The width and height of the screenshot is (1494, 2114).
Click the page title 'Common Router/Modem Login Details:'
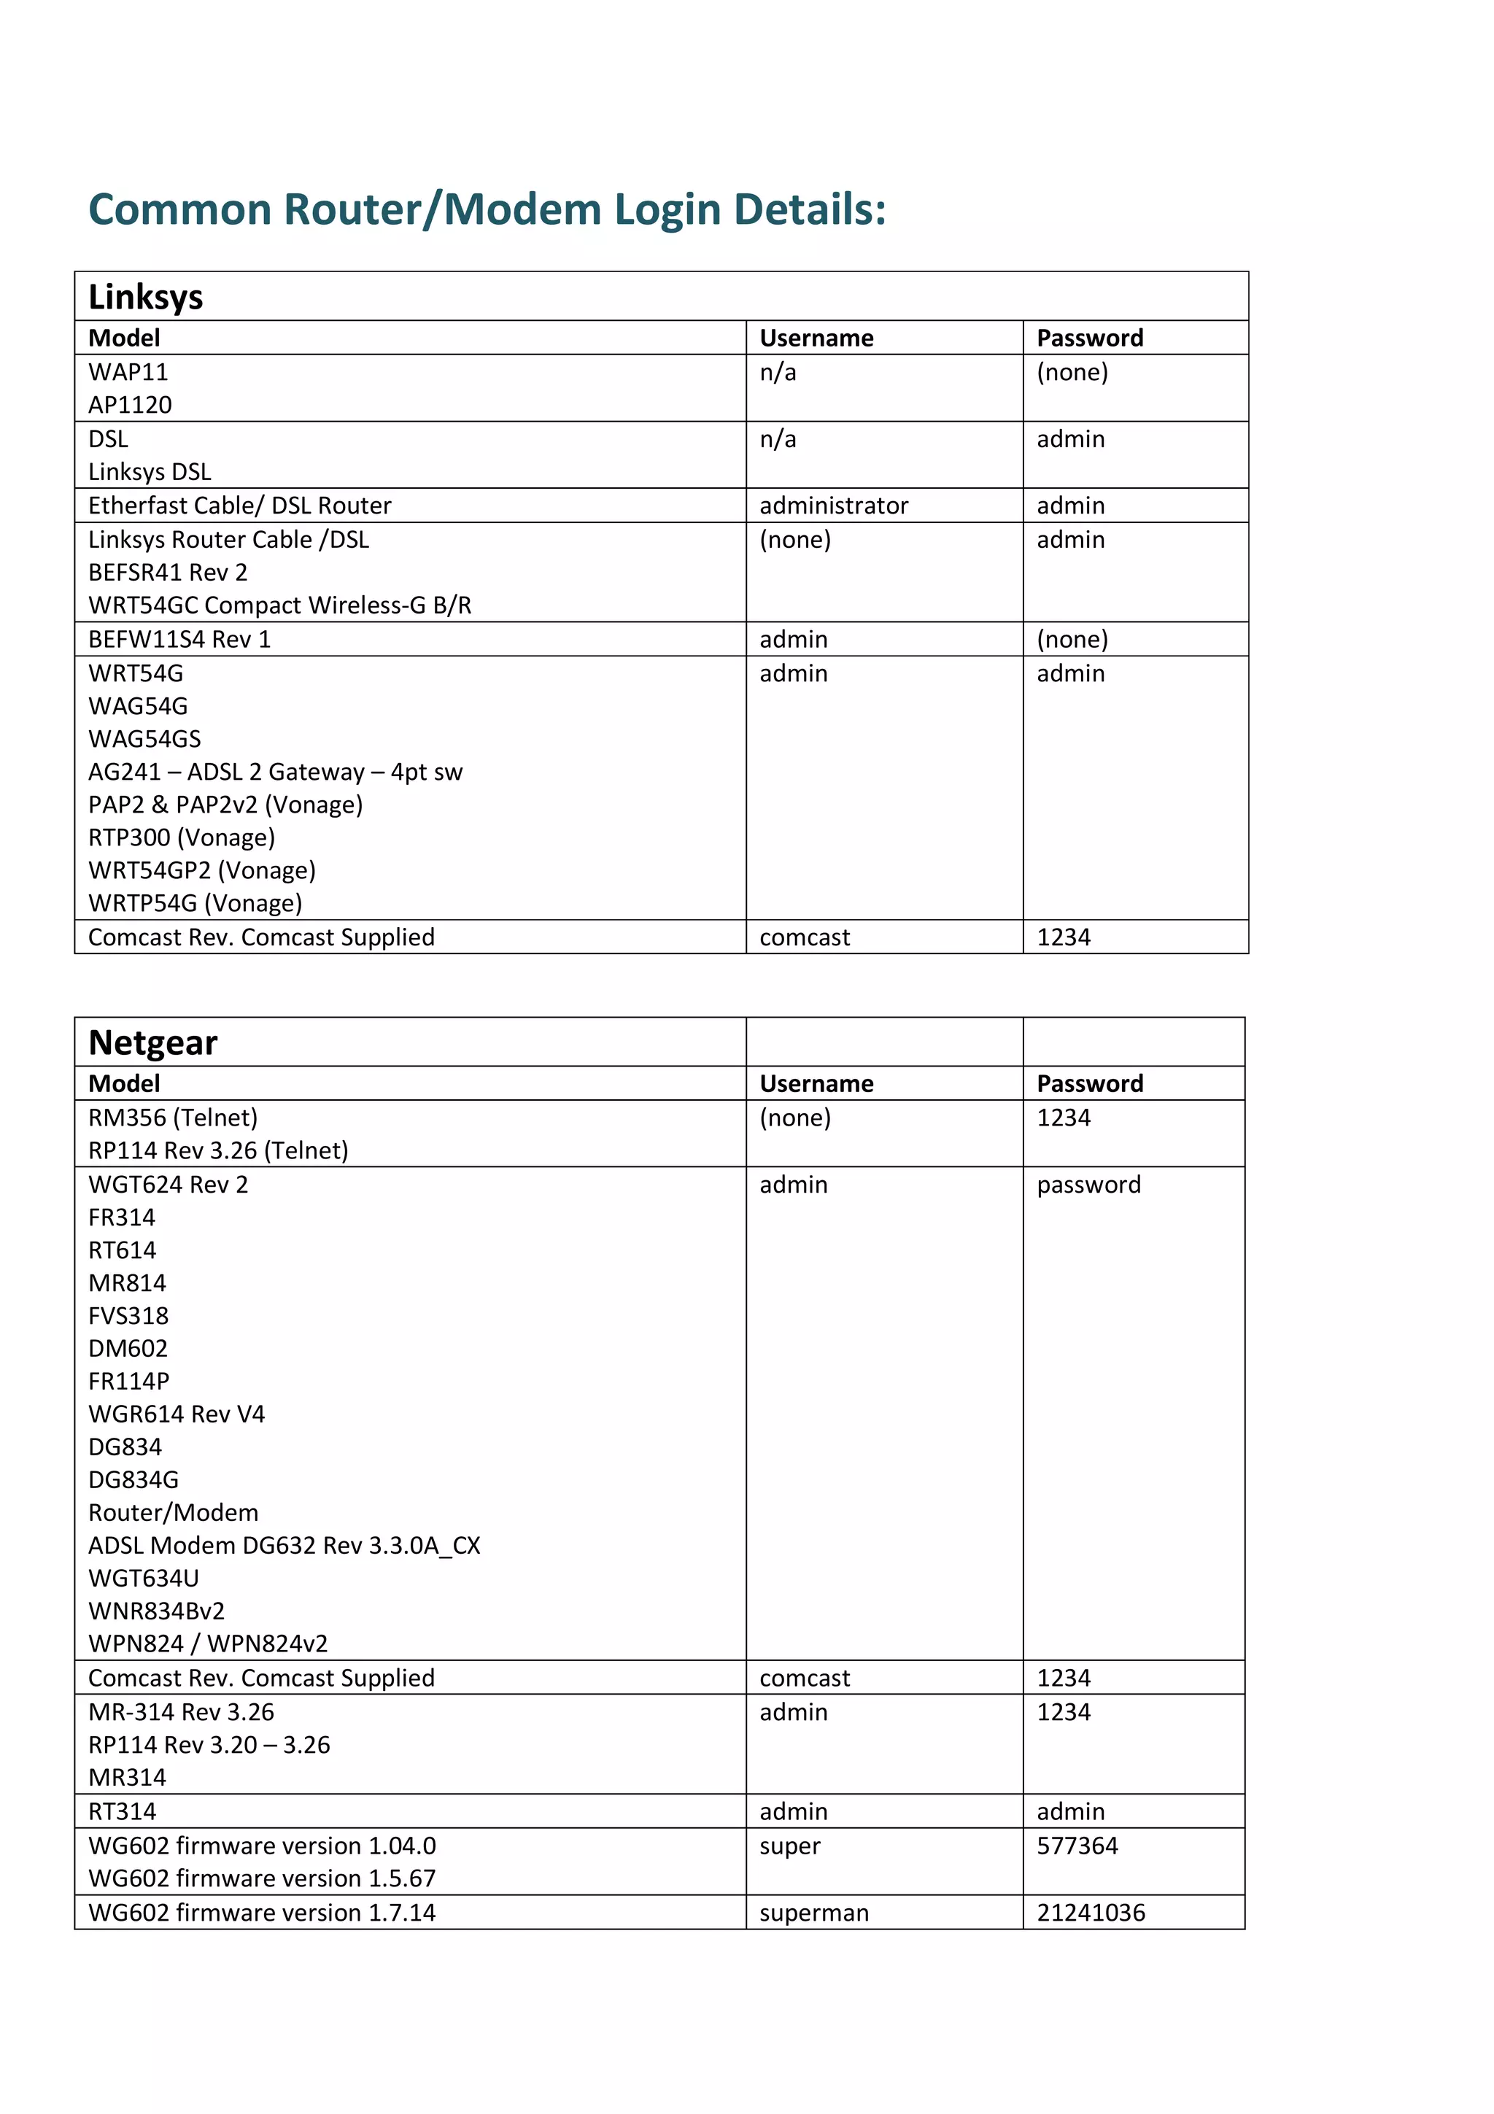(487, 210)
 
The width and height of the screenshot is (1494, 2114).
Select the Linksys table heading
(145, 298)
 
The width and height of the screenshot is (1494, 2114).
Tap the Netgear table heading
(152, 1042)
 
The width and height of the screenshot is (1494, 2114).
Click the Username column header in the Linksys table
(816, 338)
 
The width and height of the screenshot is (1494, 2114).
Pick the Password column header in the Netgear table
(1089, 1084)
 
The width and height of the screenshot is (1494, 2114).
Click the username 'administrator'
(833, 506)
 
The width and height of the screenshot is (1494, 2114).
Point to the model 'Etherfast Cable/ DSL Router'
(239, 506)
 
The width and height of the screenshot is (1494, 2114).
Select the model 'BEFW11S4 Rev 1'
(179, 639)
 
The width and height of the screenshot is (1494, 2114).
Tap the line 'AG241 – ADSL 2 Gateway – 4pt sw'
(275, 772)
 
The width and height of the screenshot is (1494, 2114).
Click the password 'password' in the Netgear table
(1088, 1184)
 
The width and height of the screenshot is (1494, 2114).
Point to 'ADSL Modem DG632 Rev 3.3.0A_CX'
(285, 1545)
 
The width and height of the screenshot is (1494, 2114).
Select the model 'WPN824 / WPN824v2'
(208, 1643)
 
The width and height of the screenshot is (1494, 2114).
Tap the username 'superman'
(813, 1913)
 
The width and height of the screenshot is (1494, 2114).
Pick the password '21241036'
(1091, 1913)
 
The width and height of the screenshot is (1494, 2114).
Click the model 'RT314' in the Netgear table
(123, 1811)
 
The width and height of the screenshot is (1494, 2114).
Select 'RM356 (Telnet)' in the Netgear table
(173, 1117)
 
